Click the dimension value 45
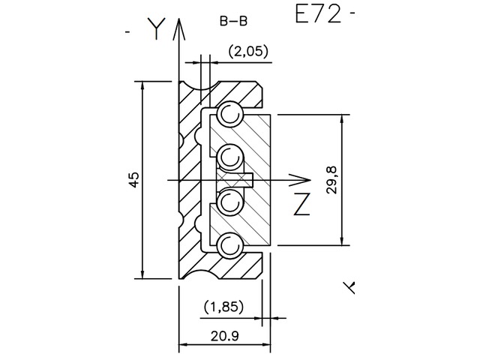[x=133, y=180]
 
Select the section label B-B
[x=233, y=22]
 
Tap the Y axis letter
[x=155, y=28]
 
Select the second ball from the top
[x=229, y=156]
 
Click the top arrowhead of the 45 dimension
[x=142, y=85]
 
